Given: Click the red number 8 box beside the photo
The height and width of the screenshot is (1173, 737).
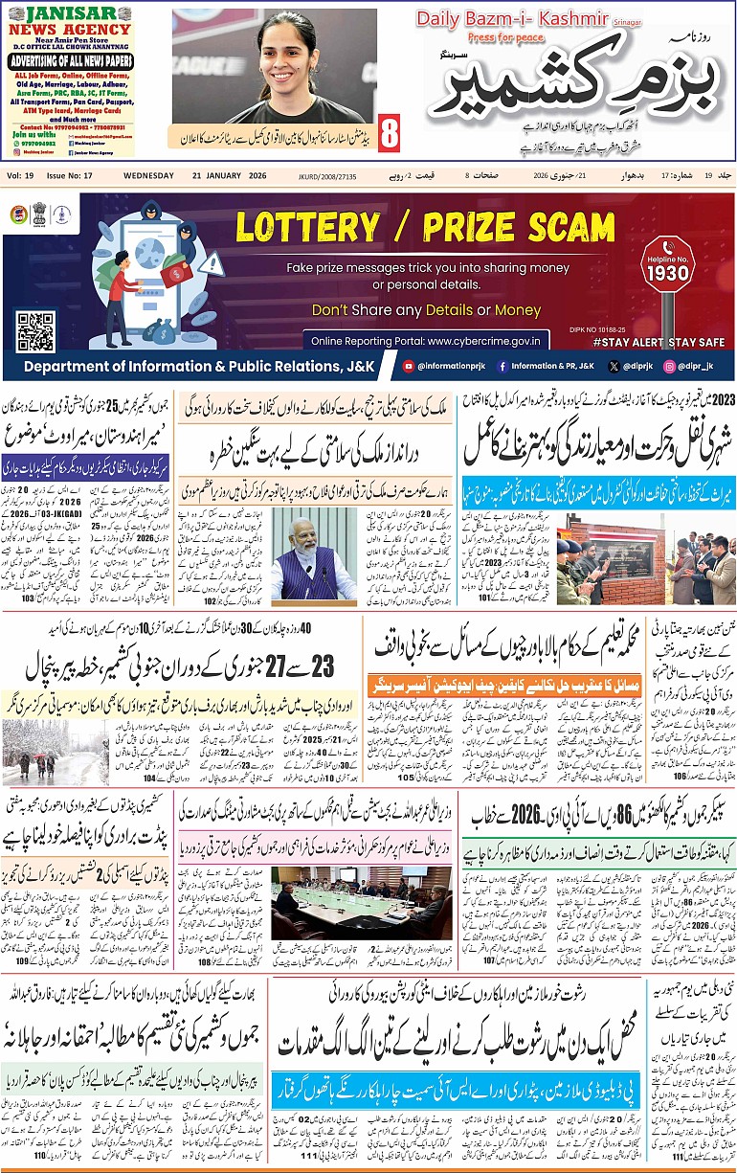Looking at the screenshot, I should (389, 134).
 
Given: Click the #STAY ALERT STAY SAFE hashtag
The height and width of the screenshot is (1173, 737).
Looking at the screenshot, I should (658, 341).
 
